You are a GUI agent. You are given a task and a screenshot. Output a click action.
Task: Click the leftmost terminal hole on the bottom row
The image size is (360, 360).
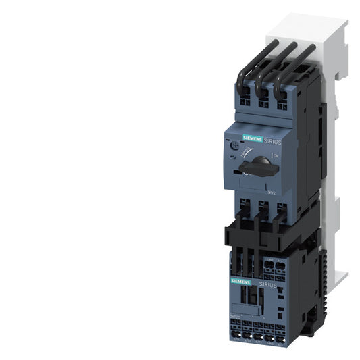(236, 332)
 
